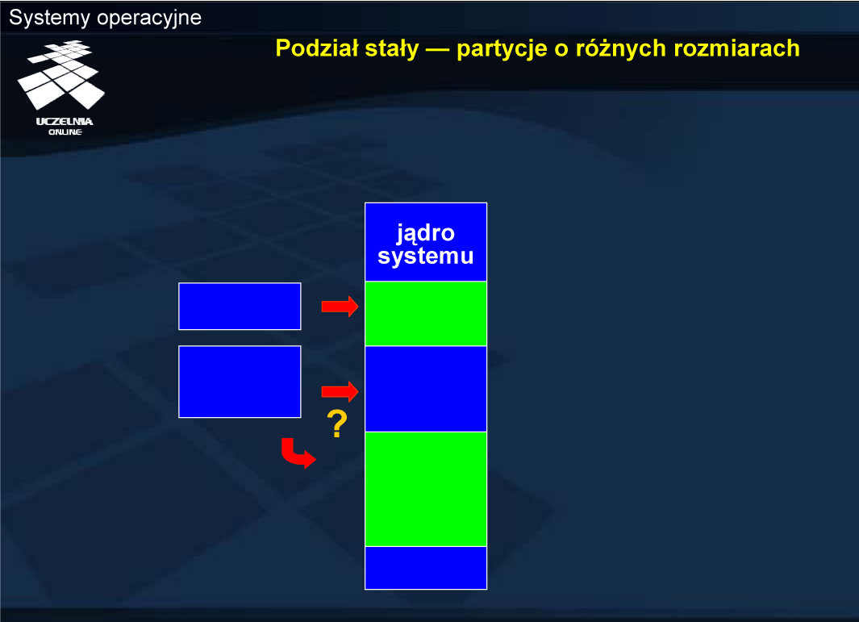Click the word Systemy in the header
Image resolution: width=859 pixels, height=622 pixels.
49,18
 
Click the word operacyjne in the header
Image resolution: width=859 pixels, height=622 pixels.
149,19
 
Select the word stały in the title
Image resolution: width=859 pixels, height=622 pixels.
392,48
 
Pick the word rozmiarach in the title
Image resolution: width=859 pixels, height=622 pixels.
737,48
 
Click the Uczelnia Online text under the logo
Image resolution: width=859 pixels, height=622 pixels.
65,127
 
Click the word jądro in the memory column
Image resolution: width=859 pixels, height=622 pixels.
426,233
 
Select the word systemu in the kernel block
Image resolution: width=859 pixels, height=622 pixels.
426,256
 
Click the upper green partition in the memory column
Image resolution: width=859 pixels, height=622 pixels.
426,314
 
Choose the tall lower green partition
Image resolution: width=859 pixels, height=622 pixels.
426,489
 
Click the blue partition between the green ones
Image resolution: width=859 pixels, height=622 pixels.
426,389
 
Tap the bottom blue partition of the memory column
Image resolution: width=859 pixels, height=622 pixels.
426,568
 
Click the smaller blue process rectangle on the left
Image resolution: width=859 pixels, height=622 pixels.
240,307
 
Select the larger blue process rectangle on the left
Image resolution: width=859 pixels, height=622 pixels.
240,382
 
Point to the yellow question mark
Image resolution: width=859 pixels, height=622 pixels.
337,424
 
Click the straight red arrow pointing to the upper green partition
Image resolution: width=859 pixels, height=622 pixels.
340,307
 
